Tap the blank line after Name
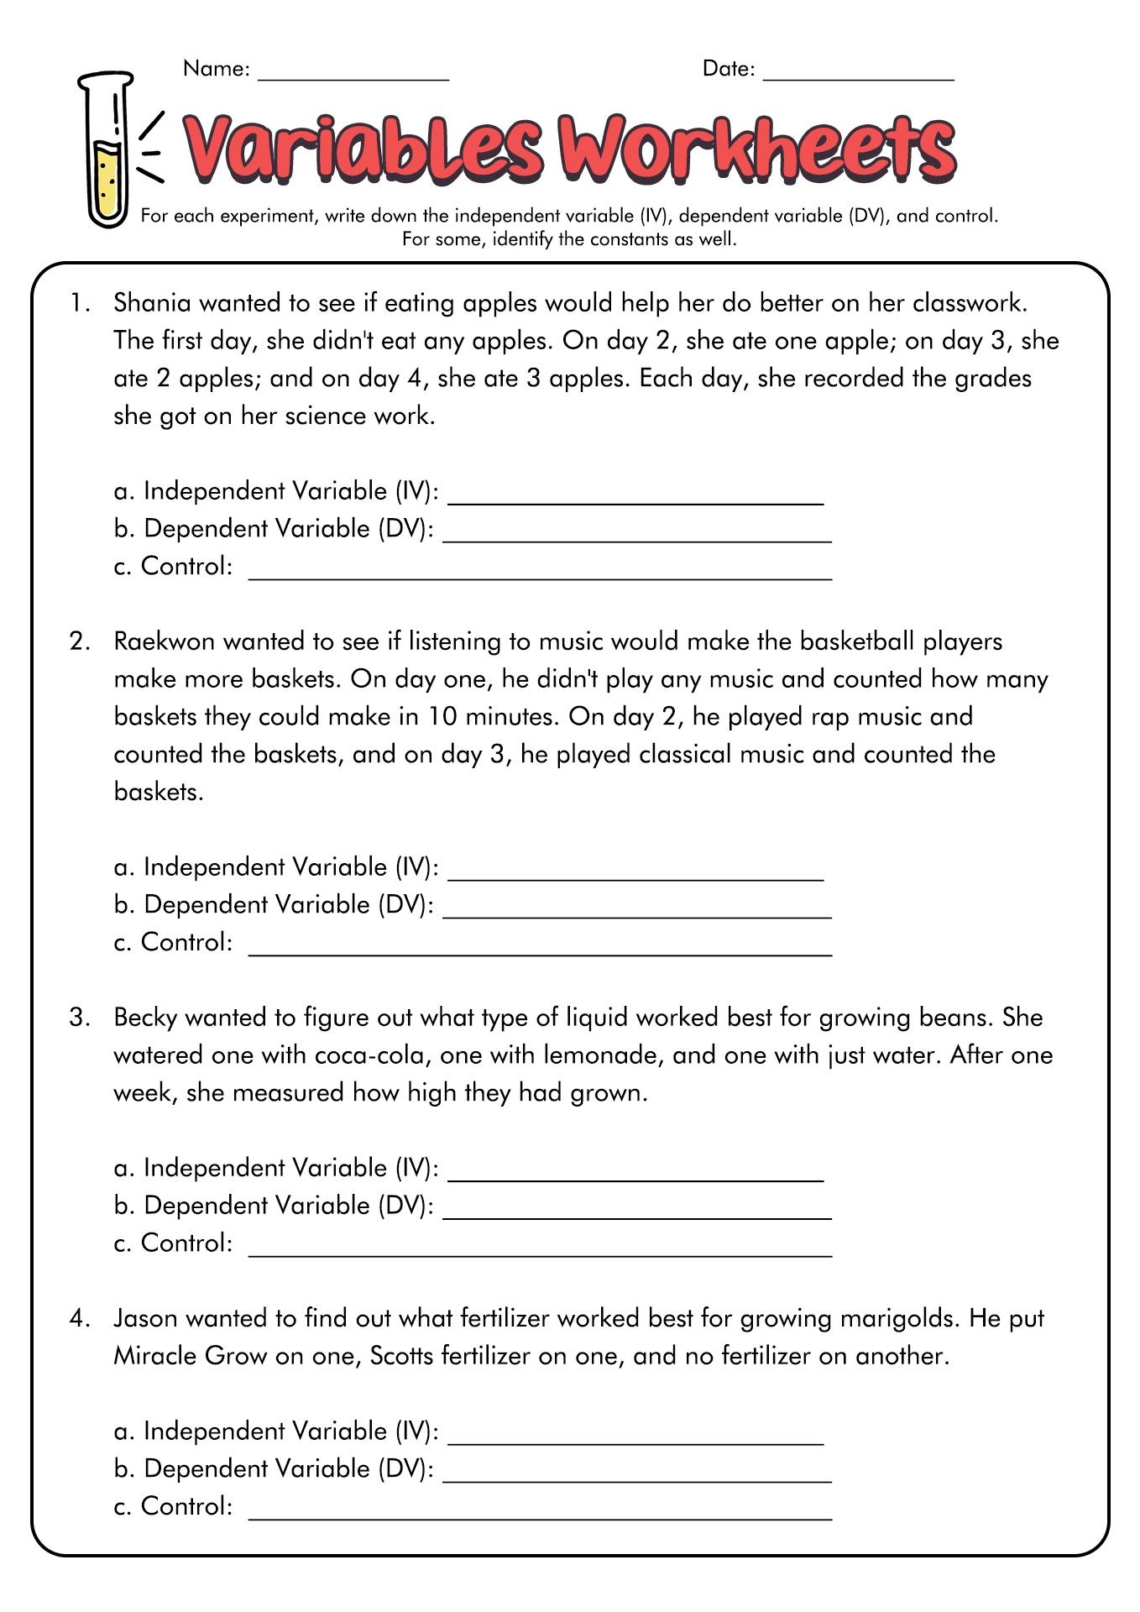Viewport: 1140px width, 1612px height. click(x=353, y=77)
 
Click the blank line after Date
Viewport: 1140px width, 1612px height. click(x=858, y=77)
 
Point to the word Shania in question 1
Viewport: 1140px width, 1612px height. click(x=152, y=302)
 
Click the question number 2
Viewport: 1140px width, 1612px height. click(x=79, y=641)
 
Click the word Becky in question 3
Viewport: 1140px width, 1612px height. click(x=145, y=1018)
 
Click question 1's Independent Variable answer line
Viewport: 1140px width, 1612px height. click(x=635, y=500)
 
